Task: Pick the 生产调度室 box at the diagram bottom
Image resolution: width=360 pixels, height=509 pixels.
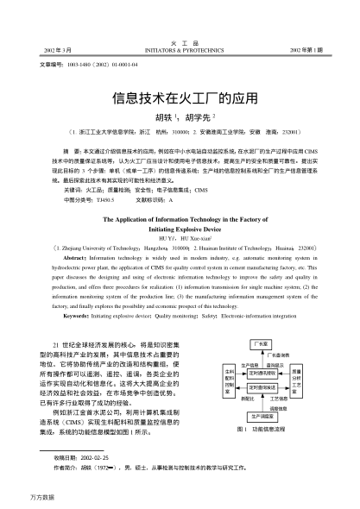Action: (x=257, y=415)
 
